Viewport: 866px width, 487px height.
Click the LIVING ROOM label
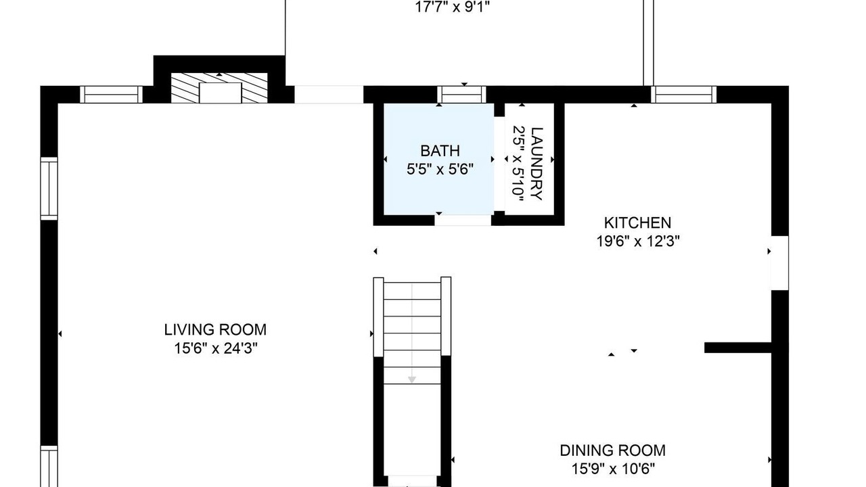point(215,329)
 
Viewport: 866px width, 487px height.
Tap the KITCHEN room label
point(637,223)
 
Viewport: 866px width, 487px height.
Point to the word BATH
point(440,151)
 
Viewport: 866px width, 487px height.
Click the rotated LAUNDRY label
point(537,164)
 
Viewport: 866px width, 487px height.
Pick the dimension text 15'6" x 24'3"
point(216,348)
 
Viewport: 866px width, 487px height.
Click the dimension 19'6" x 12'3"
point(638,241)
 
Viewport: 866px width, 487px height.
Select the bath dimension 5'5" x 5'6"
point(440,169)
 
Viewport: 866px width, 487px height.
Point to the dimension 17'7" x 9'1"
point(453,7)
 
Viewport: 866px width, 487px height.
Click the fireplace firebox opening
point(221,93)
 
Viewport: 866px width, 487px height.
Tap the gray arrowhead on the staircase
point(412,380)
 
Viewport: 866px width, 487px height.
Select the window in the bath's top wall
point(461,95)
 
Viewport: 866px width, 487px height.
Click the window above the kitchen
point(683,95)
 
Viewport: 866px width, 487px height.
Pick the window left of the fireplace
point(112,95)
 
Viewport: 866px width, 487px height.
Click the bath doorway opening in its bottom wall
point(463,221)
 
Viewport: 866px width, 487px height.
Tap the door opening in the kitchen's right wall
point(780,263)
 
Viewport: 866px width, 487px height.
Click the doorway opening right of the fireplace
point(329,95)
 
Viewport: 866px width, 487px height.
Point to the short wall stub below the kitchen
point(738,348)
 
